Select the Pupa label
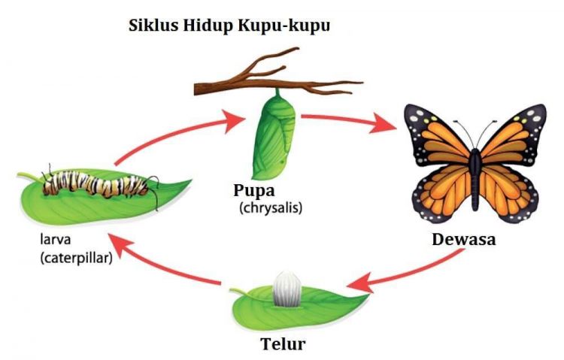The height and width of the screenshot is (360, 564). (254, 191)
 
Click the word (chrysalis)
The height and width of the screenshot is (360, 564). (271, 208)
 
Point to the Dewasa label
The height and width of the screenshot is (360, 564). (464, 240)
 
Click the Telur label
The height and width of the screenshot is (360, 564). (283, 343)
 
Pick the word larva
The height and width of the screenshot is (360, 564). (56, 239)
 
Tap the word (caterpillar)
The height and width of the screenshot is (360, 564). (76, 258)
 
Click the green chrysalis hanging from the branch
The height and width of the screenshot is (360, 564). (274, 136)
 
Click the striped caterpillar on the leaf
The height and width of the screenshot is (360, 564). (97, 183)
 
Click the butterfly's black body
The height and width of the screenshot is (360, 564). (475, 178)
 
